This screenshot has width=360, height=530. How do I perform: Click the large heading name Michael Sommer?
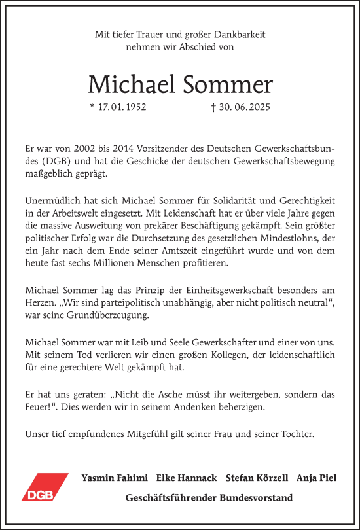click(180, 84)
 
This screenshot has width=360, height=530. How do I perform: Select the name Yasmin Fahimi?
click(114, 478)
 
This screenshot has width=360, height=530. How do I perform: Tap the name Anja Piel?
click(316, 478)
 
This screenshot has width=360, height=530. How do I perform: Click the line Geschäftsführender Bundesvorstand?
click(209, 498)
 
